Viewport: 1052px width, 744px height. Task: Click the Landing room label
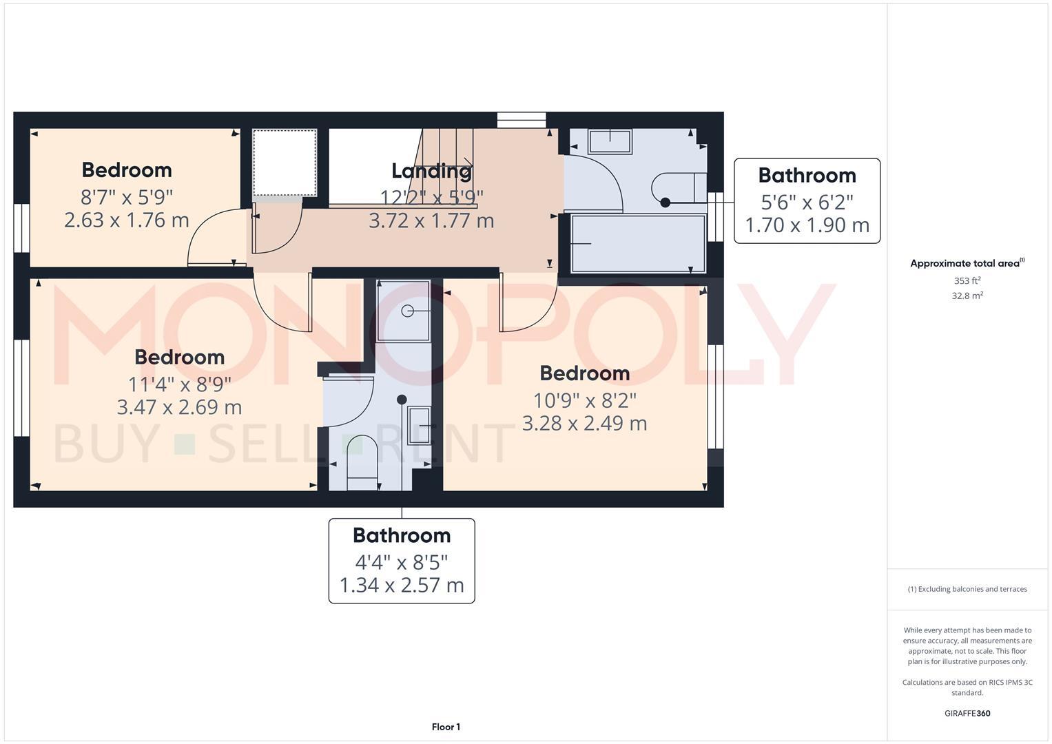[431, 170]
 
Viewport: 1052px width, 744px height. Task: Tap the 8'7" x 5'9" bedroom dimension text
[127, 198]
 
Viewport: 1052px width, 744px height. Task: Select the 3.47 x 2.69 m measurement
[179, 407]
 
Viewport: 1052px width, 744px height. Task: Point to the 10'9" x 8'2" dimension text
[585, 400]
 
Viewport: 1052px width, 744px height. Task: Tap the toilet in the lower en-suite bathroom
[362, 462]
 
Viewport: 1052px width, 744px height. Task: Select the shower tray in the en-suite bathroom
[404, 311]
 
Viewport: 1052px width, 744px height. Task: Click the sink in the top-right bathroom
[610, 142]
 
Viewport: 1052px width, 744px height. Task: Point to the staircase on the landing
[446, 165]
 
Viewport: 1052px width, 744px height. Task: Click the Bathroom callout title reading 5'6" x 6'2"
[807, 176]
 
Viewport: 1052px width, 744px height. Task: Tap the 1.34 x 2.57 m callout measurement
[402, 586]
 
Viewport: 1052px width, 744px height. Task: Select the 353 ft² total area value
[967, 281]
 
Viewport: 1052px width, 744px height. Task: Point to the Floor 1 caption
[446, 727]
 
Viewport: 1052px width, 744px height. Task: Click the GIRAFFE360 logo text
[967, 714]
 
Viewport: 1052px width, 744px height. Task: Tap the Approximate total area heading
[966, 263]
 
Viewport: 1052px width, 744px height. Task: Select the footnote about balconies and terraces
[967, 589]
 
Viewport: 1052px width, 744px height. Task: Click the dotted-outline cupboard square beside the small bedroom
[285, 163]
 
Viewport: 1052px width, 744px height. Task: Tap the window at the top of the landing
[522, 120]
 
